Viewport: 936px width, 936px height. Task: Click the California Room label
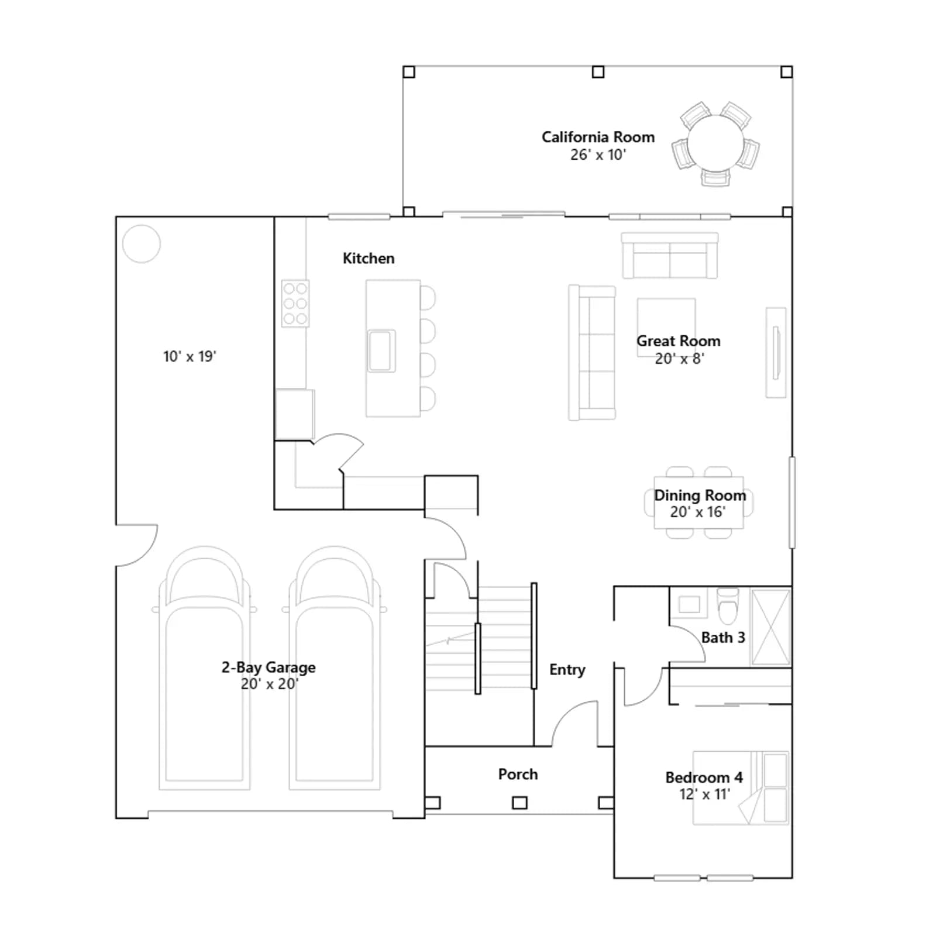tap(598, 137)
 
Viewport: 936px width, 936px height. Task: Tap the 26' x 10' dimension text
tap(598, 155)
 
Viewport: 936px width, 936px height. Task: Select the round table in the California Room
tap(715, 143)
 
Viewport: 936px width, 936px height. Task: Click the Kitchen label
tap(369, 259)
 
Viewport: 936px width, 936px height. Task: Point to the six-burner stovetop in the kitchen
tap(295, 304)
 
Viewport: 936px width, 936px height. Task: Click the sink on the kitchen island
tap(381, 351)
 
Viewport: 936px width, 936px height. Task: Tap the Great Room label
tap(679, 341)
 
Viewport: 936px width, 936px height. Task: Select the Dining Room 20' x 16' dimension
tap(698, 512)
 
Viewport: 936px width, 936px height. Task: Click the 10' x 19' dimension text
tap(190, 357)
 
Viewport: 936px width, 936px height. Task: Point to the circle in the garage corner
tap(141, 244)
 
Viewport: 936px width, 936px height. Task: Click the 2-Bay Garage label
tap(269, 667)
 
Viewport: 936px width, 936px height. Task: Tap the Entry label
tap(567, 670)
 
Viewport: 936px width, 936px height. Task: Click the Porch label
tap(518, 775)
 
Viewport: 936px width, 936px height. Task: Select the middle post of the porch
tap(519, 803)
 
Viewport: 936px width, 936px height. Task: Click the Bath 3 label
tap(723, 638)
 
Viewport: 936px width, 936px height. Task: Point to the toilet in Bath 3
tap(728, 606)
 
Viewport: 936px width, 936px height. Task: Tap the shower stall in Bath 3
tap(770, 627)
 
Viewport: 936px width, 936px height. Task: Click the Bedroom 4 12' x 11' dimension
tap(704, 794)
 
